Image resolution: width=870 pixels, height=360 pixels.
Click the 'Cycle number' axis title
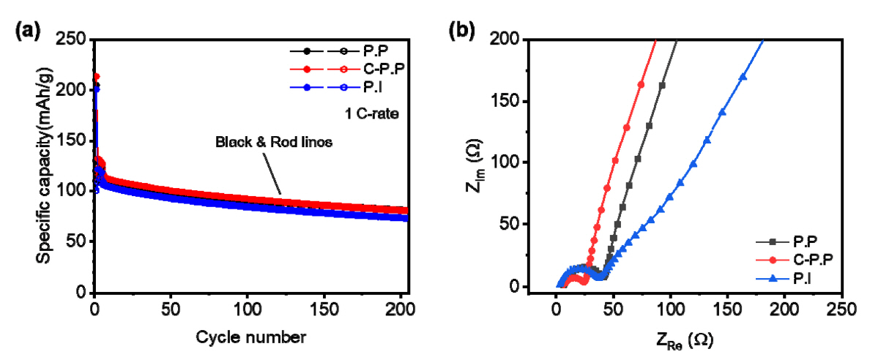(250, 337)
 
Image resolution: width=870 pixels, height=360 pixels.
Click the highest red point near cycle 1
(96, 76)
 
